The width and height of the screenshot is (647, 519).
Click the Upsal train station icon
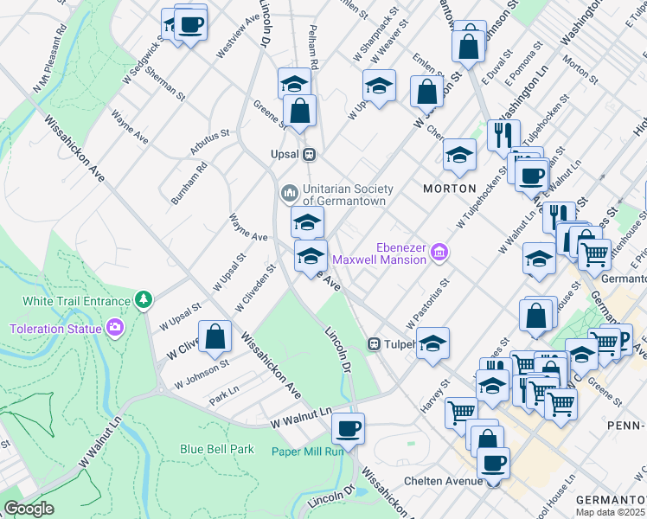coord(308,155)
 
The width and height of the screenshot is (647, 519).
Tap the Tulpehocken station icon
coord(375,343)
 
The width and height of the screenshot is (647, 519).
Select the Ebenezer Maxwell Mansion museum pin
coord(439,251)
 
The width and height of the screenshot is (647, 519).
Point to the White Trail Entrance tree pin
coord(143,300)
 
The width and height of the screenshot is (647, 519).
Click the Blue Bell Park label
coord(217,449)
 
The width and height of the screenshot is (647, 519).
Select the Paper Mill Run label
coord(307,451)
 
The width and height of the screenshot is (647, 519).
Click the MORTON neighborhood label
coord(449,188)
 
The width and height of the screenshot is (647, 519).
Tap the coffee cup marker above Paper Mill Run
coord(348,428)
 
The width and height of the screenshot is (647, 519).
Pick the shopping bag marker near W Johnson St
coord(215,338)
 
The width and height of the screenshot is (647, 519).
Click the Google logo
coord(29,509)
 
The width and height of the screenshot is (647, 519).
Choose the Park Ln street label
coord(223,397)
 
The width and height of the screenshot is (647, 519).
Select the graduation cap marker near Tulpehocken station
coord(432,343)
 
